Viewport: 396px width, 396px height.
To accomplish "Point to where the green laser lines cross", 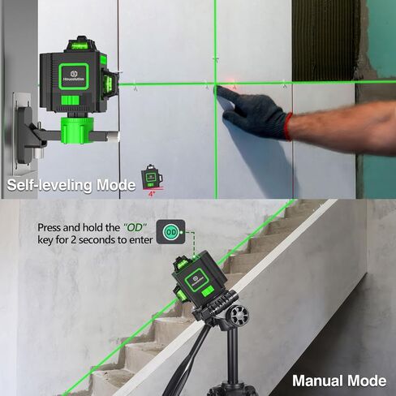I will [x=216, y=83].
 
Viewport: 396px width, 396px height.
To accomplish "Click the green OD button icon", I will [x=171, y=233].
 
